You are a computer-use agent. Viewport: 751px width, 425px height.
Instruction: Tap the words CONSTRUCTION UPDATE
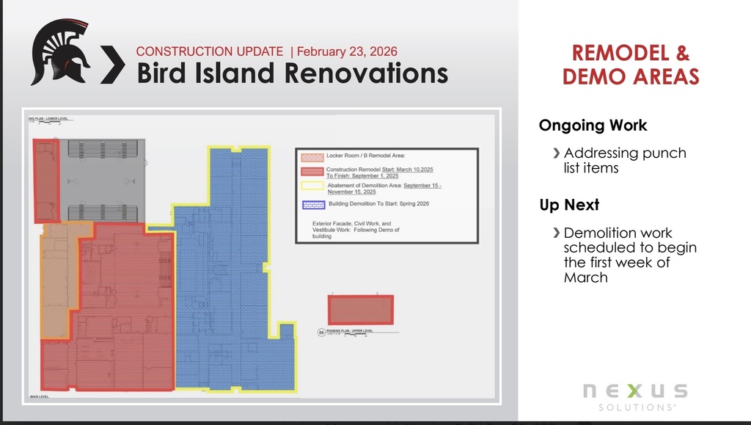[x=210, y=51]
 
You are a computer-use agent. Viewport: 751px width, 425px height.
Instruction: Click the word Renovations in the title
[x=366, y=73]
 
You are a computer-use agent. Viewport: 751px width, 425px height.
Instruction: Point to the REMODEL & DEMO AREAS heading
[x=631, y=64]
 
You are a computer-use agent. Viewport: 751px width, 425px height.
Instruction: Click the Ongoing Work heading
[x=593, y=126]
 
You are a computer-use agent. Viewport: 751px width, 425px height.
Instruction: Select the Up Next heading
[x=569, y=205]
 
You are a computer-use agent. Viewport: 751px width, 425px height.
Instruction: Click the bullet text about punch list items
[x=625, y=160]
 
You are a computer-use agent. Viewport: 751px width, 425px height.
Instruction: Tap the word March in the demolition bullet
[x=585, y=277]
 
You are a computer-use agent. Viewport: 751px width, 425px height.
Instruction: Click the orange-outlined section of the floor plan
[x=59, y=279]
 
